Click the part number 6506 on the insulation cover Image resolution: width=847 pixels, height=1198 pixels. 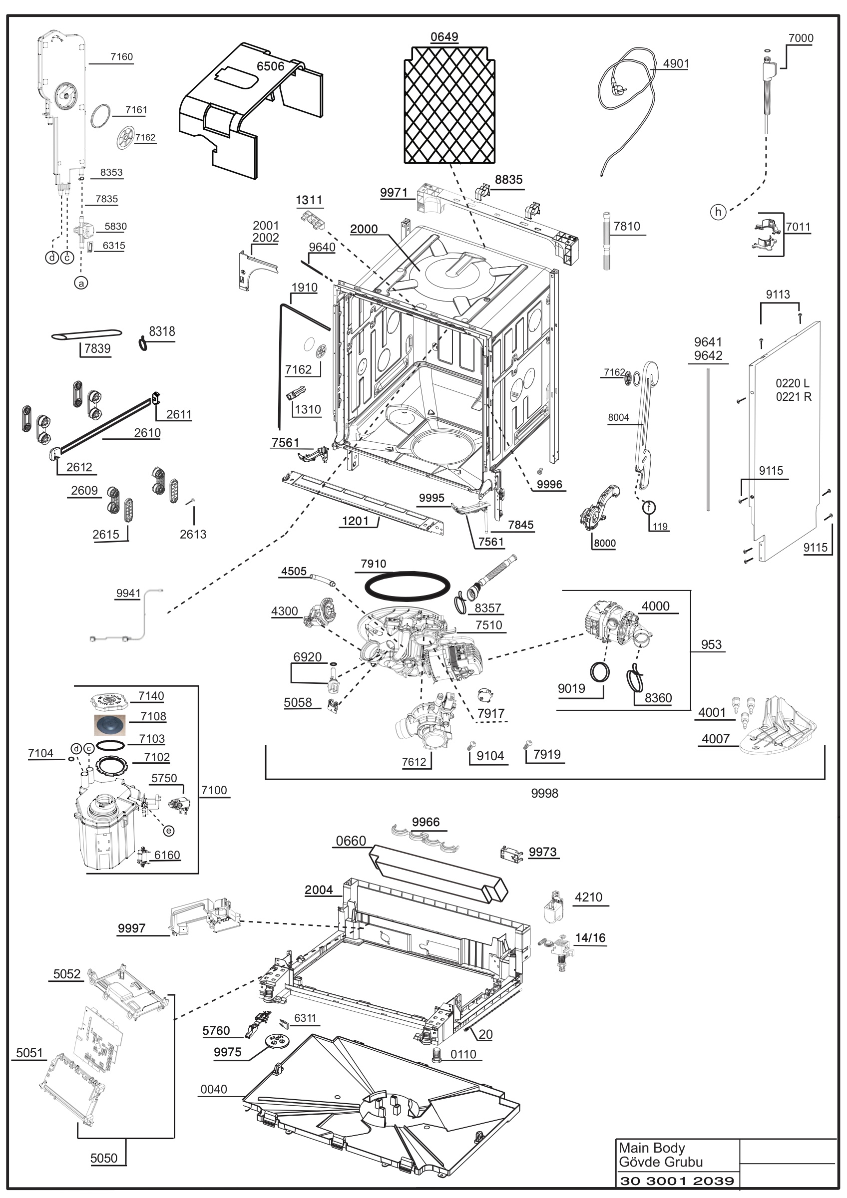coord(270,66)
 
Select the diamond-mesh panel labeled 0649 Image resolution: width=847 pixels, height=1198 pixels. coord(449,105)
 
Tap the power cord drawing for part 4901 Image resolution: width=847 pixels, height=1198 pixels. coord(626,104)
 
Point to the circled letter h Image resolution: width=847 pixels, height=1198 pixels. coord(718,212)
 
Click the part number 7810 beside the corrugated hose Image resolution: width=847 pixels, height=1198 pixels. coord(626,227)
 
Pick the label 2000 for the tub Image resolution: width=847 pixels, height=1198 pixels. coord(364,229)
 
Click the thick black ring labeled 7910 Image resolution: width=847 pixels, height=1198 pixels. coord(407,587)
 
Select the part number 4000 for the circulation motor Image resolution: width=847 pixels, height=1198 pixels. coord(655,606)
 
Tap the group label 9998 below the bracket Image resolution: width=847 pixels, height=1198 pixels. coord(544,794)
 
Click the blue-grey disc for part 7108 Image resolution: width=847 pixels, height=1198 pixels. coord(110,725)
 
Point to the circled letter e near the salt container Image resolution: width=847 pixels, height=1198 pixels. coord(169,831)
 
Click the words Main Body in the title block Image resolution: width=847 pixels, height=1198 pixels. coord(651,1148)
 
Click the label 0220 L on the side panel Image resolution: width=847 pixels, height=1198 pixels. coord(792,383)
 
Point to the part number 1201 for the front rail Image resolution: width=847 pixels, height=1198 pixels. coord(355,521)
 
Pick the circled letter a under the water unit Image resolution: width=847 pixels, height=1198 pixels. coord(81,283)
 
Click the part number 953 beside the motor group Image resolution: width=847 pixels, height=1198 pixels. coord(711,644)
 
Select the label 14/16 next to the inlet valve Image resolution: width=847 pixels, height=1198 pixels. coord(590,937)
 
